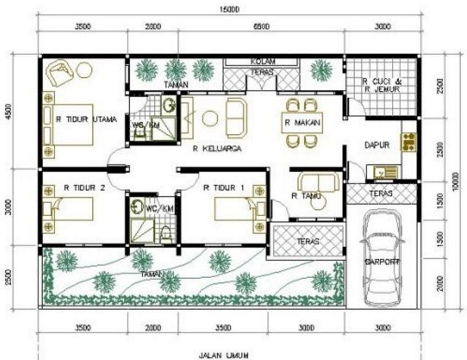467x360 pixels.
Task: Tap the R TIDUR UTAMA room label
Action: click(86, 119)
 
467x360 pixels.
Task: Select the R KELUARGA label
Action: click(217, 149)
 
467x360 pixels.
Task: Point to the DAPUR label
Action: click(376, 145)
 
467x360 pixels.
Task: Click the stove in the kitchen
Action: click(407, 141)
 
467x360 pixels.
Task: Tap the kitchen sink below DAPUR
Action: click(382, 172)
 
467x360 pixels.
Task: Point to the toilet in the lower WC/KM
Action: click(167, 233)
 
